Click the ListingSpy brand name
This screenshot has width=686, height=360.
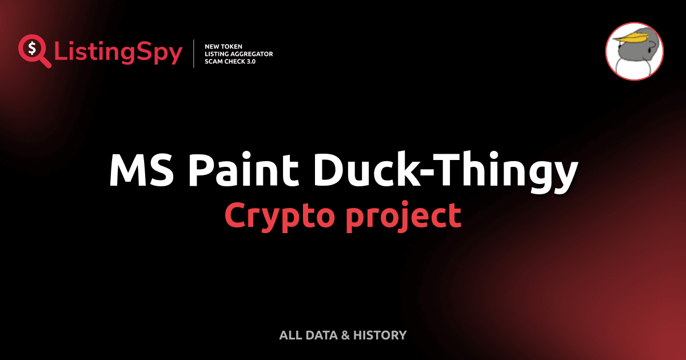pos(118,53)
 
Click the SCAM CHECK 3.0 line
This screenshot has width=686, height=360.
pos(230,61)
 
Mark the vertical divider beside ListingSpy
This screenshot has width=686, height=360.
pos(195,53)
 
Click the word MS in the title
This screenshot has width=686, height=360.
pos(141,170)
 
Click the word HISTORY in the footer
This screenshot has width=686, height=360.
pos(380,335)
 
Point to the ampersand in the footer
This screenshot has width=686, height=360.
pos(345,335)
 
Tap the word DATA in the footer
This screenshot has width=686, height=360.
pos(320,335)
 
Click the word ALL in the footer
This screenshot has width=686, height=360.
pos(289,335)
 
